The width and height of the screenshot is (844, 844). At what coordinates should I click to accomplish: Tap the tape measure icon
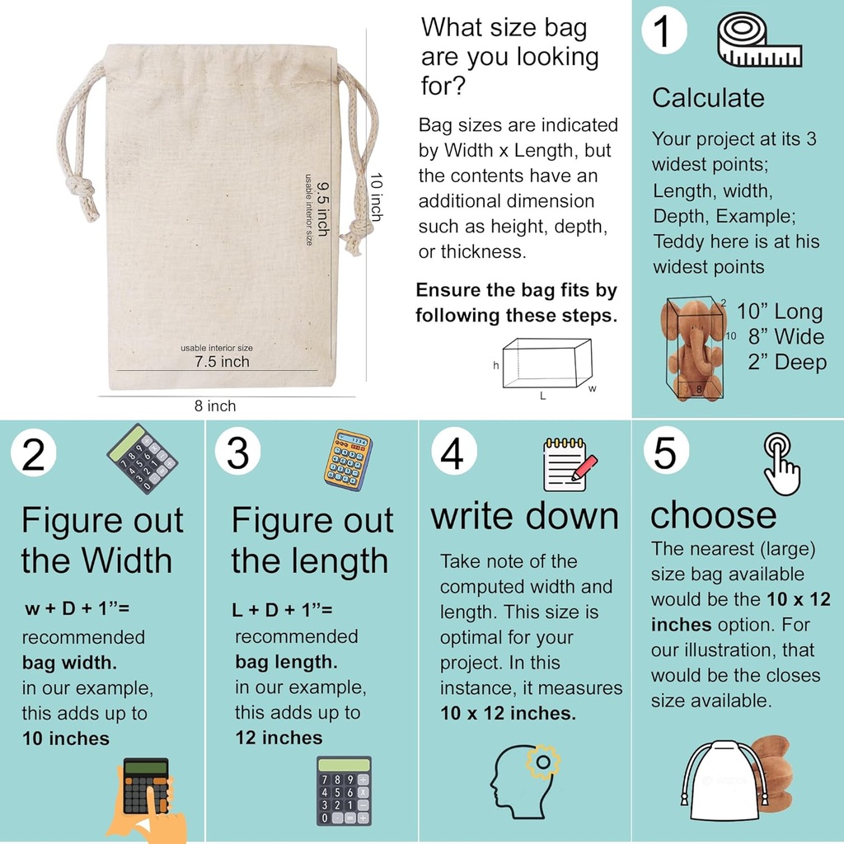click(759, 40)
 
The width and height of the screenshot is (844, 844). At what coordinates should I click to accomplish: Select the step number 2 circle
click(33, 455)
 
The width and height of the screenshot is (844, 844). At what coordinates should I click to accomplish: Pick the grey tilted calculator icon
click(142, 458)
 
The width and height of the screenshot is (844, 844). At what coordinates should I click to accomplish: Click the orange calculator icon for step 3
click(348, 459)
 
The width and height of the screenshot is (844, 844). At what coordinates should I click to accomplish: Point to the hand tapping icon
click(781, 463)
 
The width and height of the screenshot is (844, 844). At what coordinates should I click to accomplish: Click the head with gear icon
click(524, 781)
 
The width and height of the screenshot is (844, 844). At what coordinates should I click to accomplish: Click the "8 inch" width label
click(215, 406)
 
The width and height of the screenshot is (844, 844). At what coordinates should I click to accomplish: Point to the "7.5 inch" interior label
click(222, 361)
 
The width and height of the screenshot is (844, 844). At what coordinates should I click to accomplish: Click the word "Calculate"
click(708, 98)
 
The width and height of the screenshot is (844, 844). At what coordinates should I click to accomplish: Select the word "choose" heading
click(713, 515)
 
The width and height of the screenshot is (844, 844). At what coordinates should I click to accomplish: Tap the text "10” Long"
click(779, 312)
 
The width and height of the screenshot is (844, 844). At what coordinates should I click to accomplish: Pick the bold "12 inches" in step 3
click(279, 738)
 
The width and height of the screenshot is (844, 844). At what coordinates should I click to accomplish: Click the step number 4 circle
click(452, 452)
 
